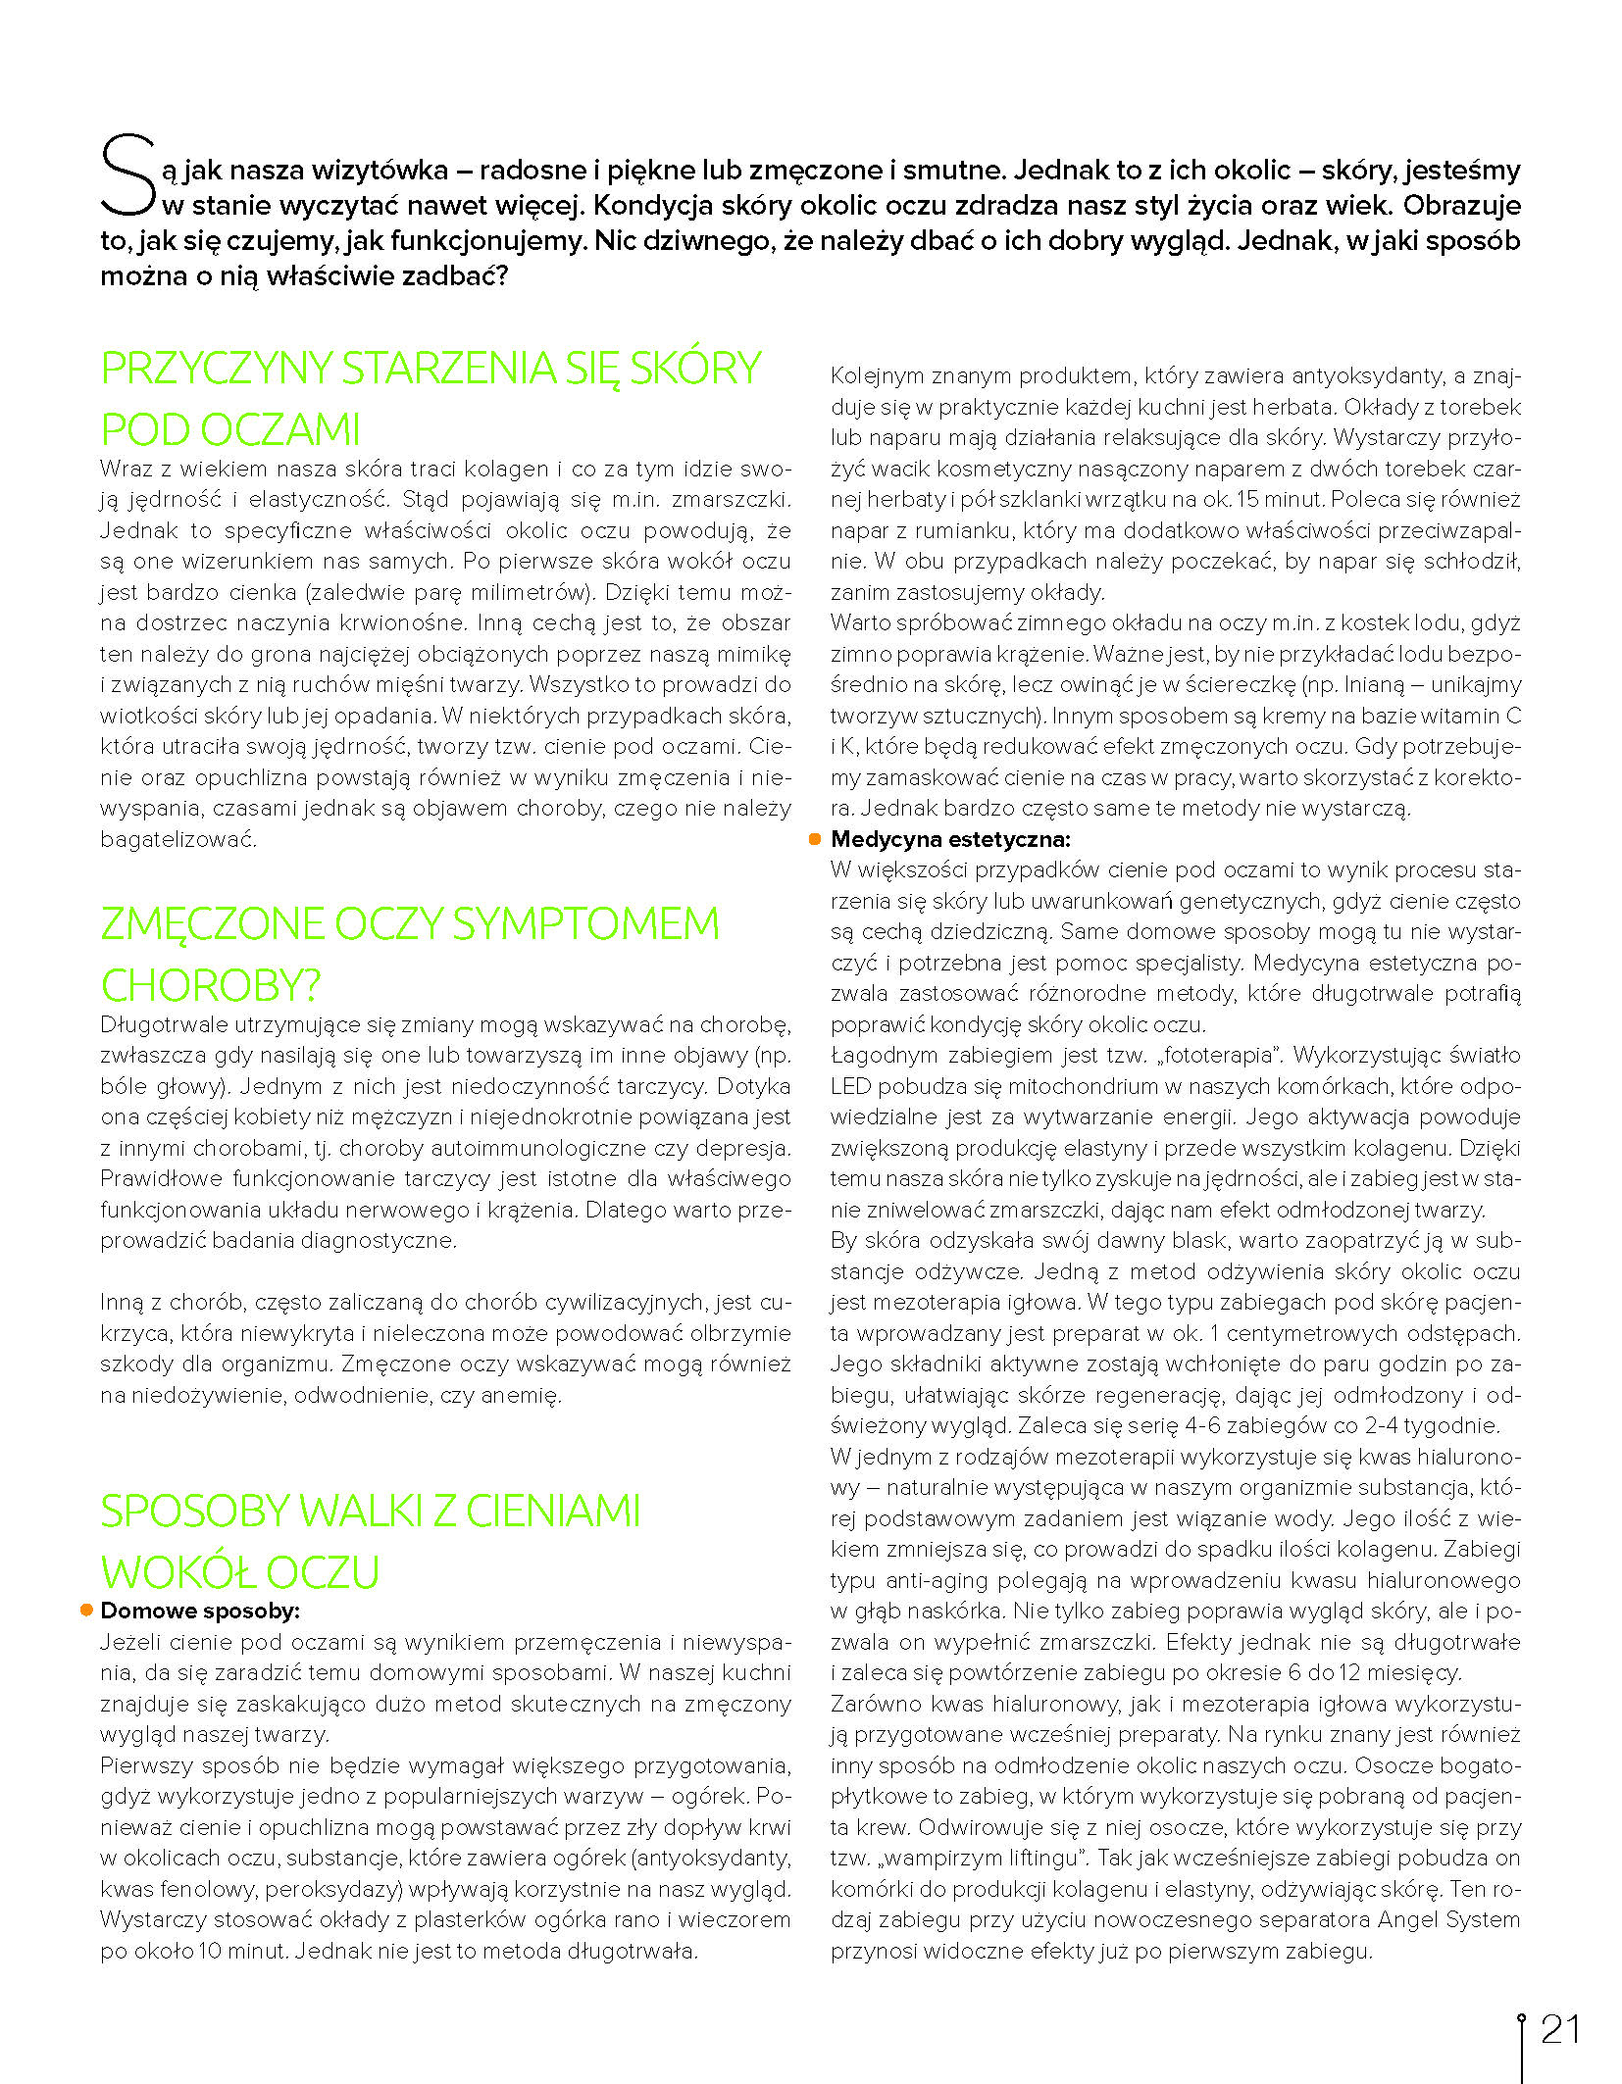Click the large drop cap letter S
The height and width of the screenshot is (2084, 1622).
coord(127,176)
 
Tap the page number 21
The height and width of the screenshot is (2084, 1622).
coord(1560,2029)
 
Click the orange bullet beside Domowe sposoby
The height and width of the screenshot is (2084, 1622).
coord(87,1611)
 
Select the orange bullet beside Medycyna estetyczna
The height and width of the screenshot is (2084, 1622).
coord(814,839)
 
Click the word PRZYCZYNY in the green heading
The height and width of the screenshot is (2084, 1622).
coord(217,369)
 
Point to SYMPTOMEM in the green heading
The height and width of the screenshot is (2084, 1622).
coord(585,924)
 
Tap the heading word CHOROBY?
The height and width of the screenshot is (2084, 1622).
coord(211,986)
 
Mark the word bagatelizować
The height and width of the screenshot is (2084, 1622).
coord(177,840)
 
